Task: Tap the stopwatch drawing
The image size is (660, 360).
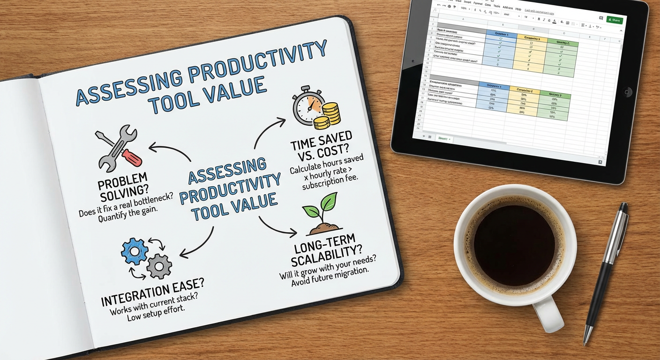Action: pos(307,105)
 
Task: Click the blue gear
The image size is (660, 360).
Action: pos(135,252)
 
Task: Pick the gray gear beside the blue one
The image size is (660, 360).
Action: pos(159,266)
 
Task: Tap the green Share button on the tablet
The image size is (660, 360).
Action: pos(615,20)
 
